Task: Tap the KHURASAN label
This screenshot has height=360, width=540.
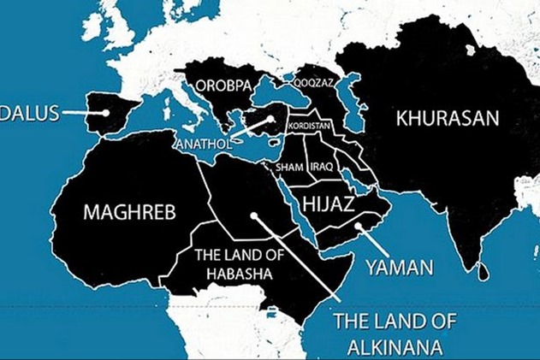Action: coord(446,118)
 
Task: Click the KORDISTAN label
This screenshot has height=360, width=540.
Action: coord(310,125)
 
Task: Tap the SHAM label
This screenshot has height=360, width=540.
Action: coord(288,166)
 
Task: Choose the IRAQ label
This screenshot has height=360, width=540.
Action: coord(321,166)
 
